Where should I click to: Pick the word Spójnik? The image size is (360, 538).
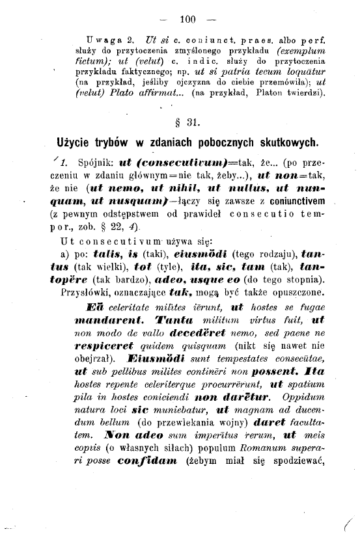coord(94,162)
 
